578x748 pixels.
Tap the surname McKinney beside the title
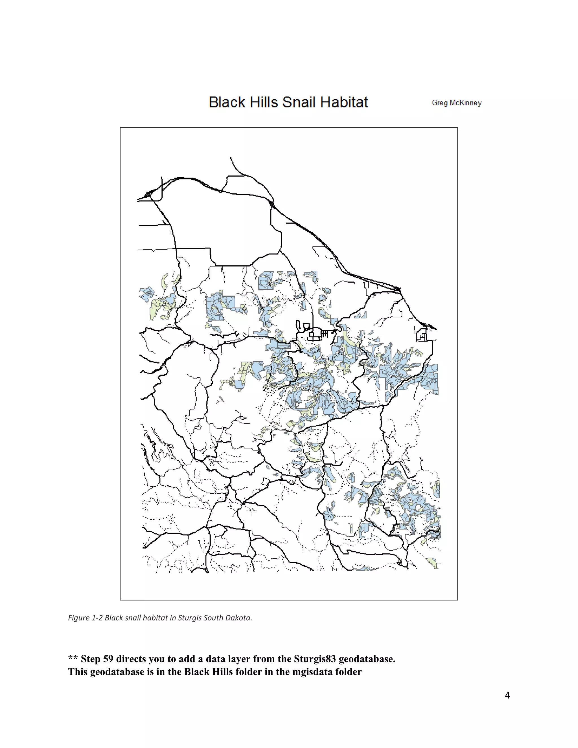[466, 103]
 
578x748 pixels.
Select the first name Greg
[439, 103]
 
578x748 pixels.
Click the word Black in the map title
[227, 102]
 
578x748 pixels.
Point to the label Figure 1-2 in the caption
[85, 618]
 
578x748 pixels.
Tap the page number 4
[507, 695]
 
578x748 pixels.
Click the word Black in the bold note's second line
[197, 672]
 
